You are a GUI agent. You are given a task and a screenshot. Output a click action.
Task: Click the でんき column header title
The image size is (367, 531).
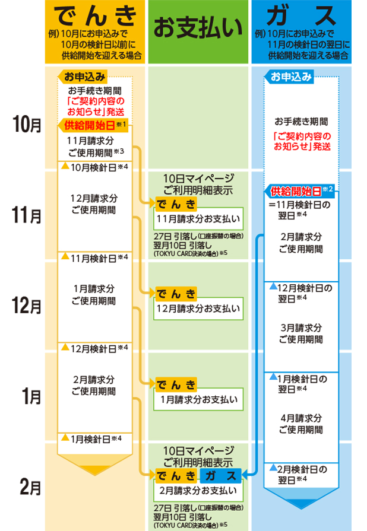point(94,15)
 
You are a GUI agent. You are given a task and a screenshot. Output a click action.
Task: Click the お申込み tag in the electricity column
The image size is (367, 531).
point(85,77)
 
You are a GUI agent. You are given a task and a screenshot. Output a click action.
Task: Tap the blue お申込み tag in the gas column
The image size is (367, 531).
point(291,77)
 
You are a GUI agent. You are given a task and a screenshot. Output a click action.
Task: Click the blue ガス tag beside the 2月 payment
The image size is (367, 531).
point(221,475)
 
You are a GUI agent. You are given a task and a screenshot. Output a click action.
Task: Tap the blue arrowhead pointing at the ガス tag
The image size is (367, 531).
point(246,475)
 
